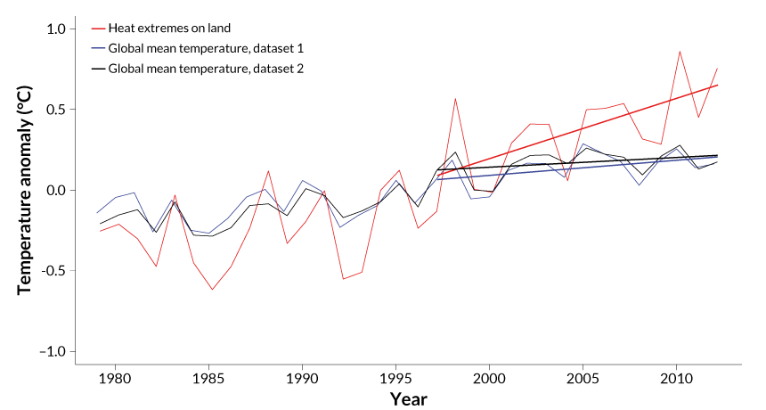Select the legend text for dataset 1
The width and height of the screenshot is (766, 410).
tap(206, 48)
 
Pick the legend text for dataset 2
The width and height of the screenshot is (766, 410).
tap(206, 68)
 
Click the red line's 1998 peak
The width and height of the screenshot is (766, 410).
tap(455, 99)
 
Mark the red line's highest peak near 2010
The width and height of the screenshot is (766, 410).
tap(680, 51)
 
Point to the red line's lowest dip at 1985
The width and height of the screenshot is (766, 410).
tap(212, 290)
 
